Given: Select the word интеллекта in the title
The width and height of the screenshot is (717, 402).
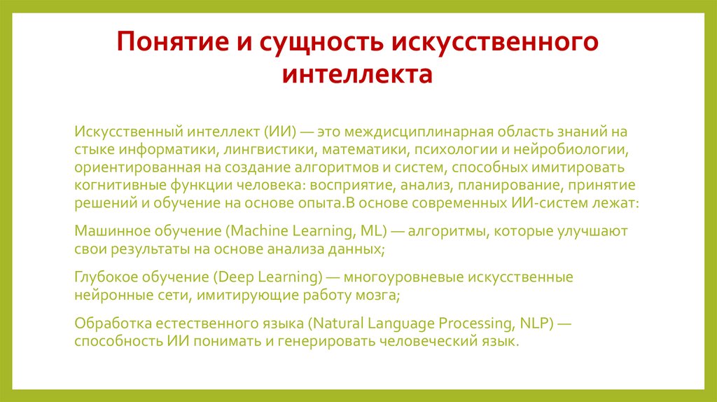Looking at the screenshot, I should pos(358,74).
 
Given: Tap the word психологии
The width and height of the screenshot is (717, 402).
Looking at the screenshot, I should pos(454,149).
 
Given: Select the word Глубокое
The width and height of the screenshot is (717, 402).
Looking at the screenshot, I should pos(105,277).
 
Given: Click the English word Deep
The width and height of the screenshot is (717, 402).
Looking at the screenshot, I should pos(232,277).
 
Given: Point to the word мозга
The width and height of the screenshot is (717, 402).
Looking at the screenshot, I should pos(379,295).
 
